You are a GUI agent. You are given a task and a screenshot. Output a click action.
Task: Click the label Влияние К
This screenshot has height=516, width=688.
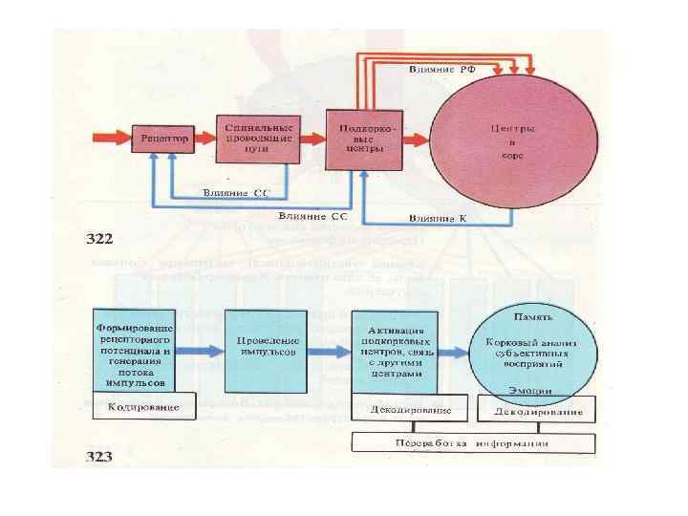point(436,219)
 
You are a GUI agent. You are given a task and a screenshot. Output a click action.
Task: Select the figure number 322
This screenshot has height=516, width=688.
point(99,237)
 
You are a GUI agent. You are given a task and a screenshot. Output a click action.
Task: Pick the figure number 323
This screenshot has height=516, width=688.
point(99,457)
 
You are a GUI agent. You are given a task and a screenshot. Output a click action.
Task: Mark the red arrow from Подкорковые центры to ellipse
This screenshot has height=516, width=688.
point(415,140)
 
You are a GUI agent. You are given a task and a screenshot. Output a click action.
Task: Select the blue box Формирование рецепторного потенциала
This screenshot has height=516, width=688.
point(133,350)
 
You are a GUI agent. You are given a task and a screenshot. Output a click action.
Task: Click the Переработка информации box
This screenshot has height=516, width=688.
point(474,443)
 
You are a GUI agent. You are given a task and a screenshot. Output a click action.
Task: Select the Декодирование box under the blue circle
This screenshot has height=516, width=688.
point(537,411)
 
